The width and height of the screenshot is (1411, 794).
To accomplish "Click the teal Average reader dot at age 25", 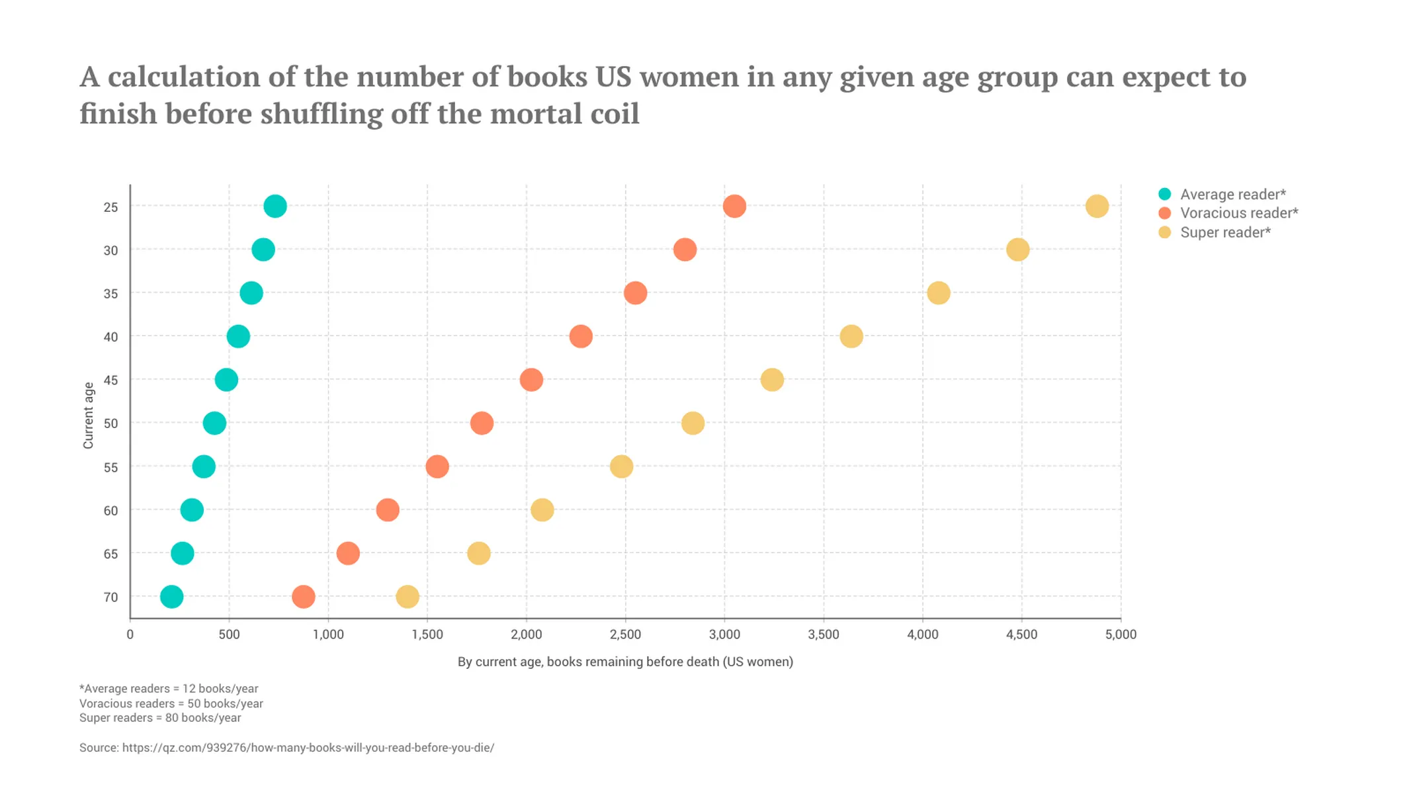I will point(275,206).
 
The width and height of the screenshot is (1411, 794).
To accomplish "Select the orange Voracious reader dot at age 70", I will point(304,597).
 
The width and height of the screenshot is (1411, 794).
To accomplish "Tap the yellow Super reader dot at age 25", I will point(1097,206).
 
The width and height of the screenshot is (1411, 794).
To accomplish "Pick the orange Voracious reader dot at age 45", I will point(531,380).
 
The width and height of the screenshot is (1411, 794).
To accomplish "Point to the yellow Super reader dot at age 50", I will point(693,423).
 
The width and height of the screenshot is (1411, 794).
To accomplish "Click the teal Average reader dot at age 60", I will point(192,510).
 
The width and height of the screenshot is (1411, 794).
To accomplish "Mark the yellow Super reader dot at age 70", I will point(407,597).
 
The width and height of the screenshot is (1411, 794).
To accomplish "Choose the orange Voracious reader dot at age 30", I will point(685,250).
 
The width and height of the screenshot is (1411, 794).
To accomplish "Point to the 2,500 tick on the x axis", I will point(625,635).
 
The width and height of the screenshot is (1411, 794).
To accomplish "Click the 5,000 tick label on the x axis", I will point(1121,635).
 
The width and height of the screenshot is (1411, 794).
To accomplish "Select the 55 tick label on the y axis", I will point(110,468).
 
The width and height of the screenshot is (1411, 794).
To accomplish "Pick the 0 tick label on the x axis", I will point(130,635).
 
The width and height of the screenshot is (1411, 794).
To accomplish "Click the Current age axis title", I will point(88,416).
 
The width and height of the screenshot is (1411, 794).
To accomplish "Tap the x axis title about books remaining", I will point(625,662).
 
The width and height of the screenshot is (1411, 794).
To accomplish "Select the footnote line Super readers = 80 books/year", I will point(160,718).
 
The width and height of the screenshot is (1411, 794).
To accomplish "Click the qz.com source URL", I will point(308,748).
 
